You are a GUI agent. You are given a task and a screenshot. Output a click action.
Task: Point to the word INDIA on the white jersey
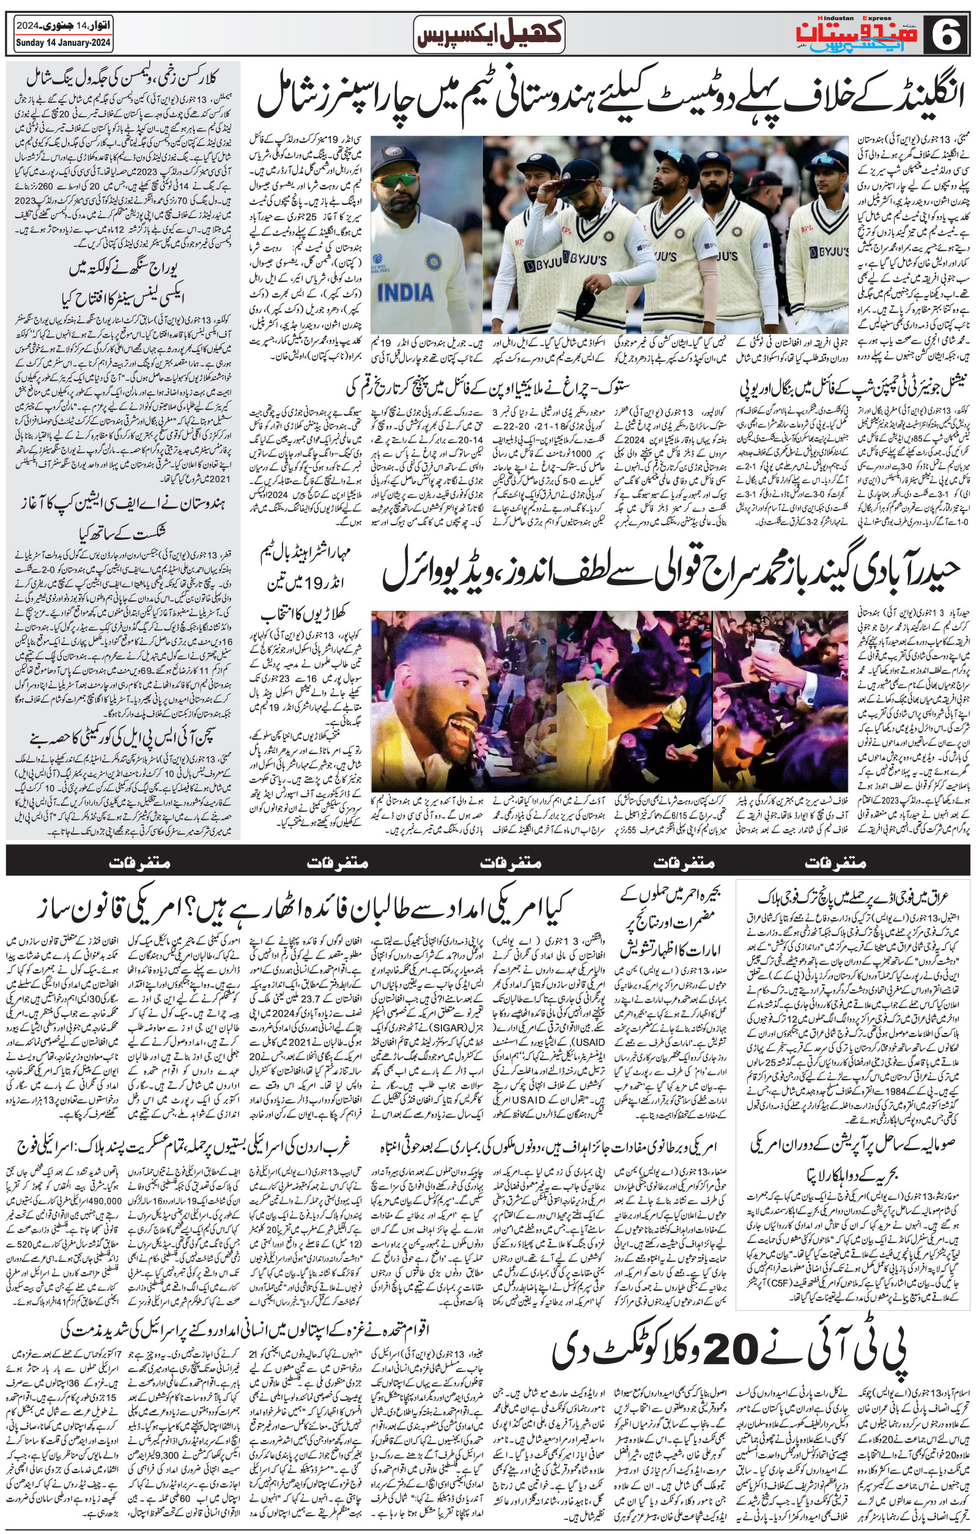coord(406,292)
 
